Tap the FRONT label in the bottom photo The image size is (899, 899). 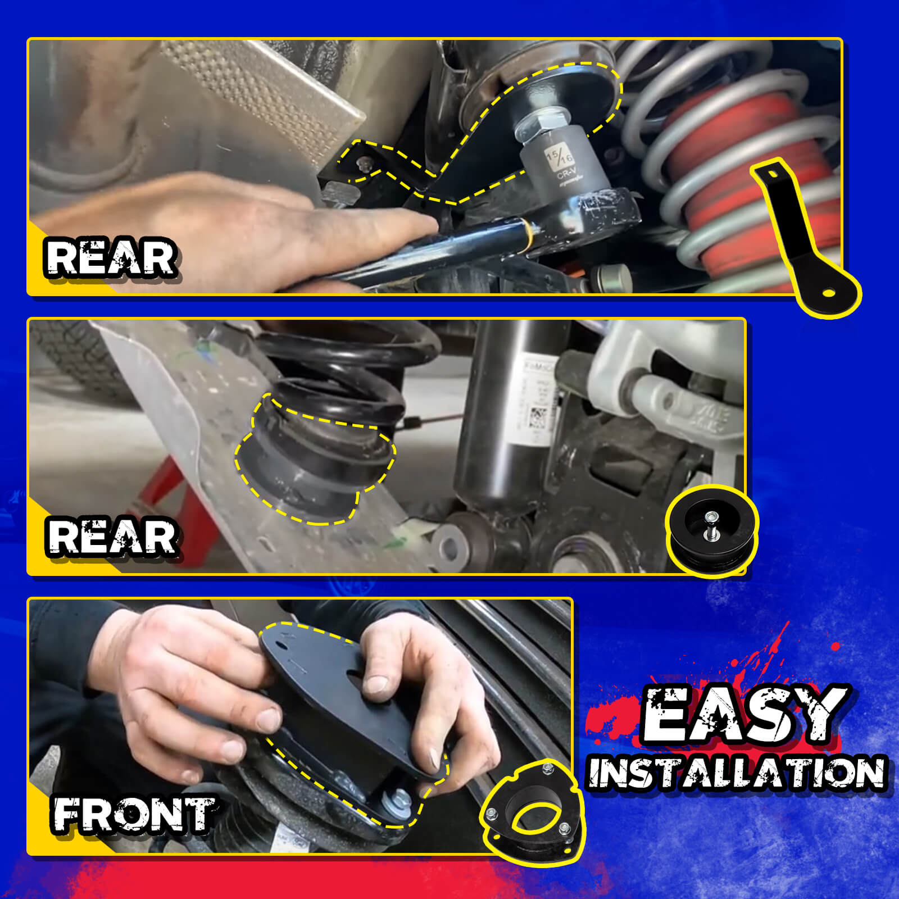click(134, 815)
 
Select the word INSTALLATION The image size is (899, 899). click(736, 773)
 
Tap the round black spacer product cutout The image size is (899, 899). click(712, 531)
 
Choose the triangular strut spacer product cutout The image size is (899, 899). click(531, 812)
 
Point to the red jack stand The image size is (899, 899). click(180, 506)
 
